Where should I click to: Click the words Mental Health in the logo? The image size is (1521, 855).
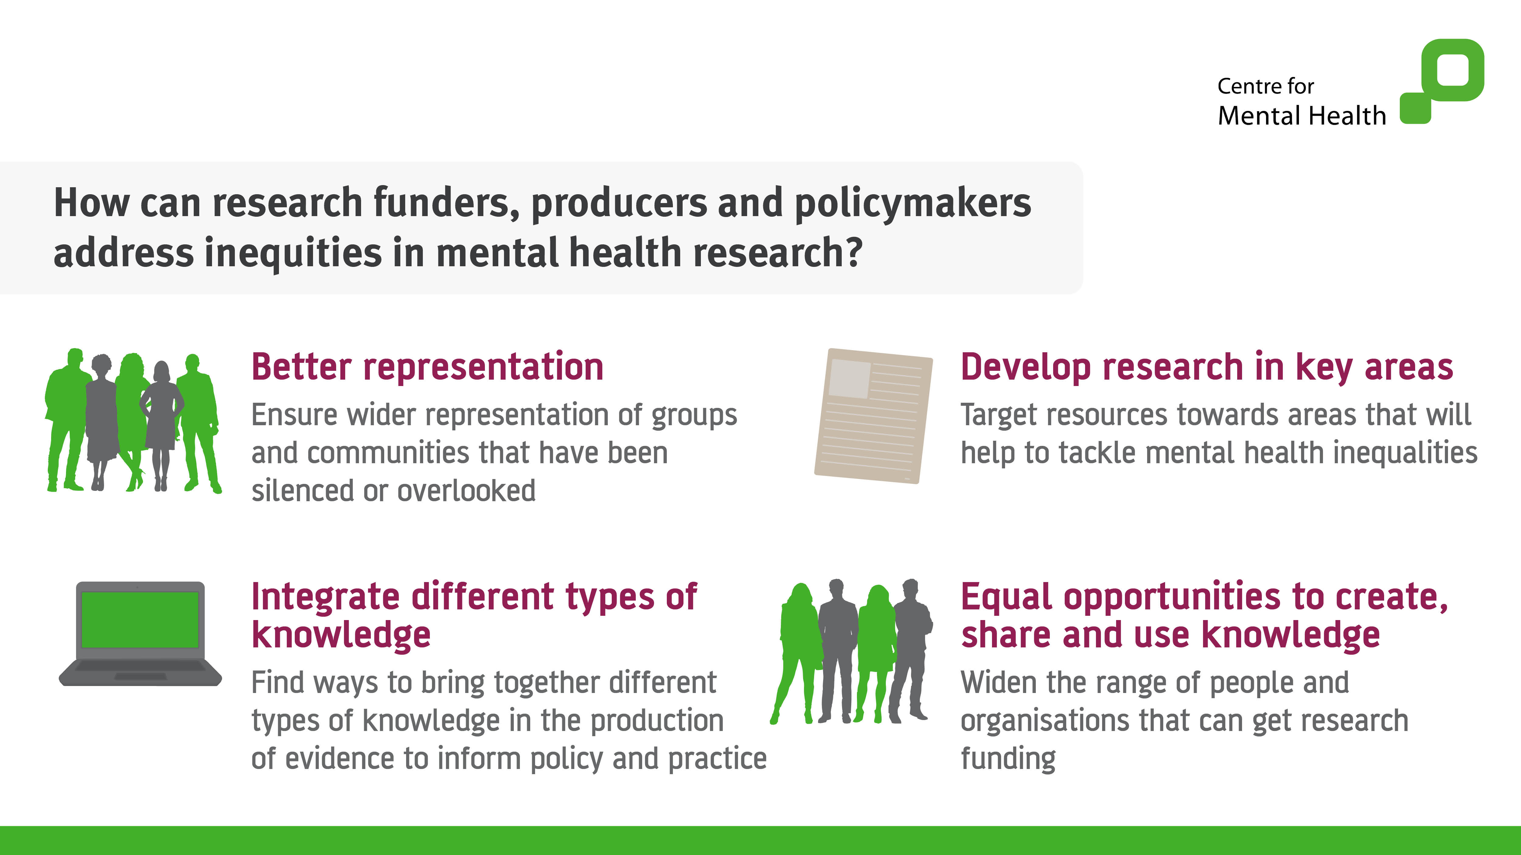pyautogui.click(x=1302, y=116)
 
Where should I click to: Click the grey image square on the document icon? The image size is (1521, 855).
pyautogui.click(x=850, y=378)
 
